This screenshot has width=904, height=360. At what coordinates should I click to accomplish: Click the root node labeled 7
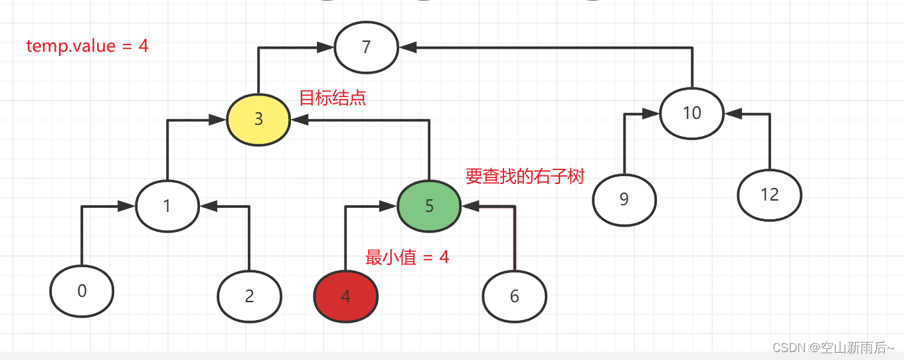point(366,47)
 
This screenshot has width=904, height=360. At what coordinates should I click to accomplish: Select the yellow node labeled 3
point(258,120)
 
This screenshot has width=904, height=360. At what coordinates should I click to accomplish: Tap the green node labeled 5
point(429,206)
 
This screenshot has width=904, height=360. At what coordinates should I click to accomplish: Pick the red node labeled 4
point(345,296)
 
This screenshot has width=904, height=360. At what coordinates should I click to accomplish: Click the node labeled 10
point(691,113)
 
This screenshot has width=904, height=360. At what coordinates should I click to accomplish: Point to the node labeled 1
point(167,206)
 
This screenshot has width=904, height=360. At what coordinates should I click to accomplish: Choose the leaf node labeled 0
point(82,291)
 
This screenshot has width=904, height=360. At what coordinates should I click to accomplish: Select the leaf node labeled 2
point(250,296)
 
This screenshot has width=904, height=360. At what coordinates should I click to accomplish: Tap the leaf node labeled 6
point(514,296)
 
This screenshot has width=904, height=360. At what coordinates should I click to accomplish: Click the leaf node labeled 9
point(624,200)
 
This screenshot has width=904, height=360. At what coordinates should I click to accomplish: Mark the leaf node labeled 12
point(769,195)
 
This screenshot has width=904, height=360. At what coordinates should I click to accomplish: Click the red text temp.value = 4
point(87,46)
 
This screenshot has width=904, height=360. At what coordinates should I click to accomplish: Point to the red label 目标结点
point(332,98)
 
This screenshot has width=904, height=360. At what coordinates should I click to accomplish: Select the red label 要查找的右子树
point(525,176)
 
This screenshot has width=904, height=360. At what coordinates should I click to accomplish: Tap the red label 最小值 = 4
point(407,257)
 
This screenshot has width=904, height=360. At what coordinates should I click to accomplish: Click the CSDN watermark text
point(833,347)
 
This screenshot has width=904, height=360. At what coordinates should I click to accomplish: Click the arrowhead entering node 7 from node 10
point(407,47)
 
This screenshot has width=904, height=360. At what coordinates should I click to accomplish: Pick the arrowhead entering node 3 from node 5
point(300,120)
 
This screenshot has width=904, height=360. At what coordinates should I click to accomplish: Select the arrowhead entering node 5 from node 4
point(389,207)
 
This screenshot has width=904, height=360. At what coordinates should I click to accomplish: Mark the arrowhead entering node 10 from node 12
point(732,114)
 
